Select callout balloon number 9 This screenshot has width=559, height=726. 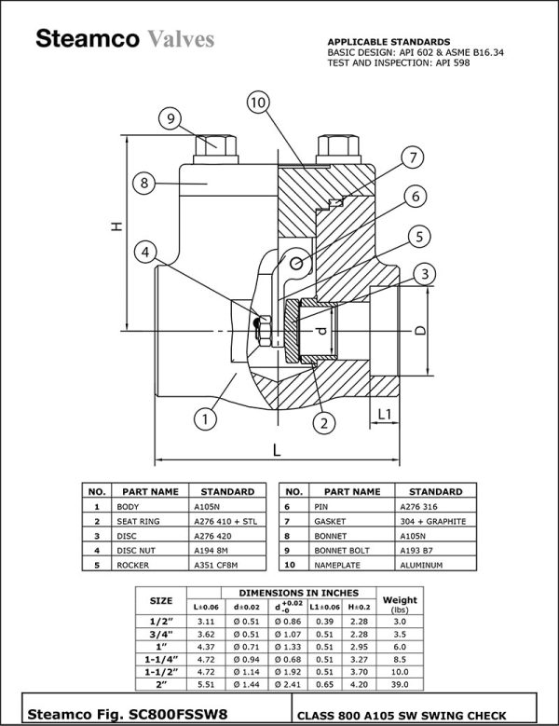point(168,118)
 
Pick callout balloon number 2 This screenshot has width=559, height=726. point(323,423)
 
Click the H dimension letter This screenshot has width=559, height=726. point(116,226)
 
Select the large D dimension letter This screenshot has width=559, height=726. point(420,331)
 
